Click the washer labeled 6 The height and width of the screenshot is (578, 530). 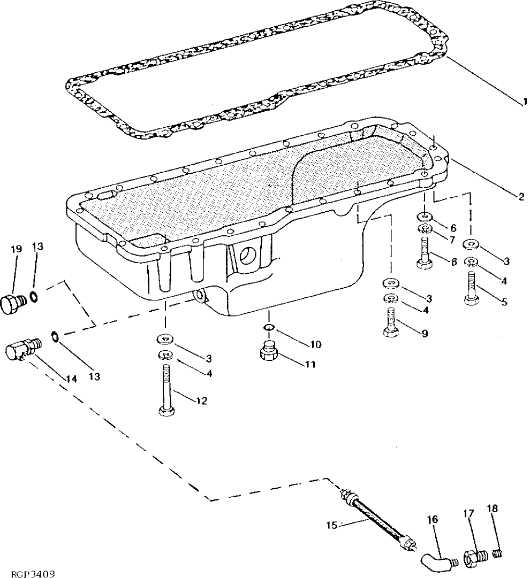pos(424,217)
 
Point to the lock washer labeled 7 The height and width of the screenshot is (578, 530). pos(425,230)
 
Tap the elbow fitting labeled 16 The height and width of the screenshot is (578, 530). pos(435,559)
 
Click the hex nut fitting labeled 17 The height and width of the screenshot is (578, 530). pos(474,558)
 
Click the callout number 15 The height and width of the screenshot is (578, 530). pos(331,525)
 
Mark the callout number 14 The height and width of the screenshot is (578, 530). pos(72,379)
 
